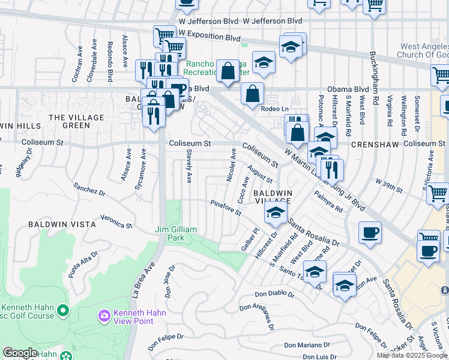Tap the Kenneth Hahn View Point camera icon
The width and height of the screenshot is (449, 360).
click(104, 315)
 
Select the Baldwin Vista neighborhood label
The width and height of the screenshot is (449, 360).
click(62, 224)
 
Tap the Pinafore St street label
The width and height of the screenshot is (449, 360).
click(226, 208)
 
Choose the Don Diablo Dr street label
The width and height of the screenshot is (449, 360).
click(274, 295)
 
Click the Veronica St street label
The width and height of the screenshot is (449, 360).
click(116, 221)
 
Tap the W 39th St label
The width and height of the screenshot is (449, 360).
click(389, 185)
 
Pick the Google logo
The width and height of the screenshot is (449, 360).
click(20, 353)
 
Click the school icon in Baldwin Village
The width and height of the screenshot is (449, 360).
click(276, 213)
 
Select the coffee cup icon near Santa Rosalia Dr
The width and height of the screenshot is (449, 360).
click(370, 233)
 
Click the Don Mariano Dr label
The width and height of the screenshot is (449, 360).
click(307, 345)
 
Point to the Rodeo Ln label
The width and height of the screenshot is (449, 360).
click(276, 109)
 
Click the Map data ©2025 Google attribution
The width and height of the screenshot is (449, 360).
click(412, 355)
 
